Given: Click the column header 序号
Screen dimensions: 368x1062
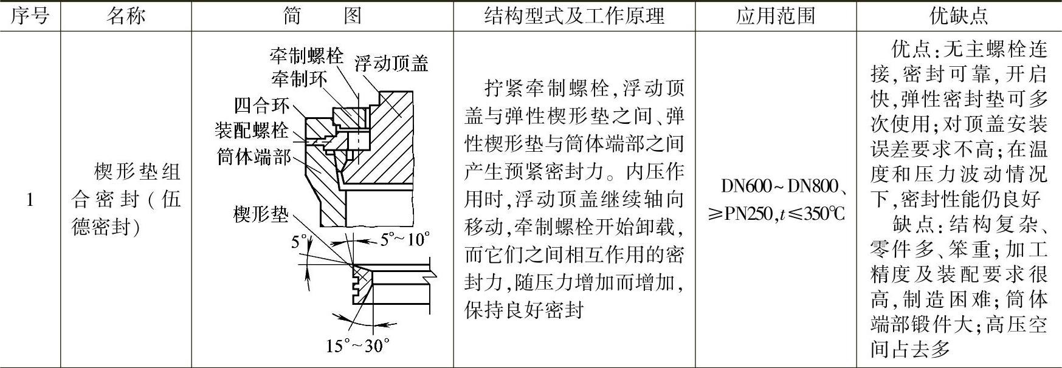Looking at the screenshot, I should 30,16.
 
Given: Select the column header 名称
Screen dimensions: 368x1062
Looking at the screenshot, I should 126,16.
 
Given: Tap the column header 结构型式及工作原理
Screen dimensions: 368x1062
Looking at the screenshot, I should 574,16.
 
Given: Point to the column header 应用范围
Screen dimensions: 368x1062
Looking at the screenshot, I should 776,16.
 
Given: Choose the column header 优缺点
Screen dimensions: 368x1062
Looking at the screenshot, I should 959,16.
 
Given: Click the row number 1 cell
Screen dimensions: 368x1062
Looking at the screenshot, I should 30,199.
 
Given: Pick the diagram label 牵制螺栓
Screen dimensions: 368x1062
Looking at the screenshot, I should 306,56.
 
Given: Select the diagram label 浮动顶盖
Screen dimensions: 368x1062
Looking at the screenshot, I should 391,63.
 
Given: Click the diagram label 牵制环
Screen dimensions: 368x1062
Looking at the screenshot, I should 298,78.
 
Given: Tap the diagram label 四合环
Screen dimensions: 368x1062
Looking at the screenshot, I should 262,106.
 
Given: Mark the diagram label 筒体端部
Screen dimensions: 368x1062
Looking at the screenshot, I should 254,157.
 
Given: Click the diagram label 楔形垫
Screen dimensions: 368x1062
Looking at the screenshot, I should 261,214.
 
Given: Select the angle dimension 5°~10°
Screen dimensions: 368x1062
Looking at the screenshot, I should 405,240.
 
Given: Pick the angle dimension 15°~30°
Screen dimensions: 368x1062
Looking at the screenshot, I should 357,346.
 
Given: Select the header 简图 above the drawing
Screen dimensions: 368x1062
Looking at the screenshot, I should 322,16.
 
